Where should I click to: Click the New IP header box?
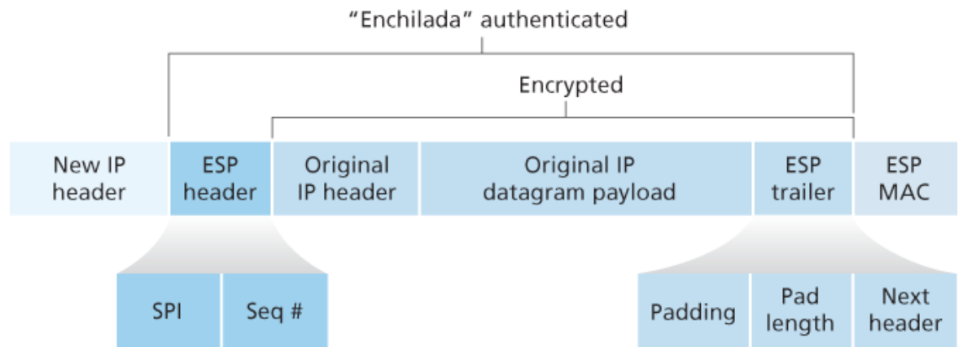90,178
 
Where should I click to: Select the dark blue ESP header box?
220,178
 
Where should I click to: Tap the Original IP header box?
346,178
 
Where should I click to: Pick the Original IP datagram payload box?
586,178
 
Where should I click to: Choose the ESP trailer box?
803,178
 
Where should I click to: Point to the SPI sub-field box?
169,310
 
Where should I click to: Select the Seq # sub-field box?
274,310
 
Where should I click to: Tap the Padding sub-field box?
693,310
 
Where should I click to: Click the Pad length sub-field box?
800,310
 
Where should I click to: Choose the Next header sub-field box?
905,310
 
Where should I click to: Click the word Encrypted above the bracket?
571,85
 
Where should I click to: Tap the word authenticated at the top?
554,20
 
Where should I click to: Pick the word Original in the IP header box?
347,165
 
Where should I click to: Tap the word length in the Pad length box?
800,323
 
